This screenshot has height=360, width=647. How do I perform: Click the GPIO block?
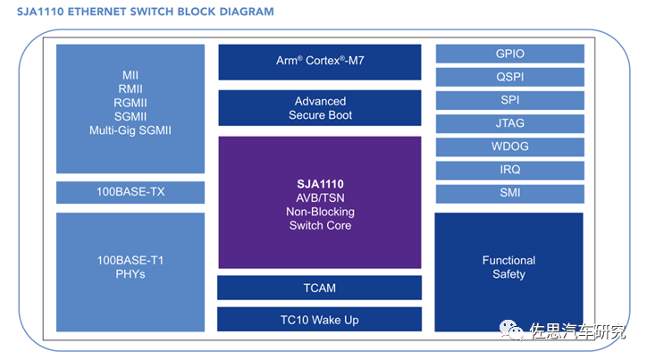click(510, 54)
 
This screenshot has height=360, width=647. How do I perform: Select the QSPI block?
click(510, 77)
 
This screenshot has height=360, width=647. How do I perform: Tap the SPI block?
click(510, 100)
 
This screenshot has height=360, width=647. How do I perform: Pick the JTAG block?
click(510, 123)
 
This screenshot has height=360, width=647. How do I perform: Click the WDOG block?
click(510, 147)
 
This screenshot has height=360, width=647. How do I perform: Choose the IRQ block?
click(510, 170)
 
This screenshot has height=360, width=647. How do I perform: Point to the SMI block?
click(510, 194)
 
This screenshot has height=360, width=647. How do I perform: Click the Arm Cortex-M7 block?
click(320, 62)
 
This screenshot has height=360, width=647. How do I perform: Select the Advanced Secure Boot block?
click(320, 107)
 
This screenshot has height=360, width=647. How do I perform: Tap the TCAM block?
click(319, 288)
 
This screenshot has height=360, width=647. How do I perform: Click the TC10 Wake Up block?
click(319, 319)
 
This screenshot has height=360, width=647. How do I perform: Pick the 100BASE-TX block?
click(130, 192)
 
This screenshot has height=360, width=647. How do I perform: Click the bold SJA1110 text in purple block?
click(320, 184)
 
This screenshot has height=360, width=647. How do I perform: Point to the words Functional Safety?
click(508, 267)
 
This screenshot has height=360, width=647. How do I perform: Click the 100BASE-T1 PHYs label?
click(130, 267)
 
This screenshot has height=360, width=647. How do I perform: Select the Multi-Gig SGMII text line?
click(130, 130)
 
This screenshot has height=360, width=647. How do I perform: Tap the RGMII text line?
click(130, 103)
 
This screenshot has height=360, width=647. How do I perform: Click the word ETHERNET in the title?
click(97, 12)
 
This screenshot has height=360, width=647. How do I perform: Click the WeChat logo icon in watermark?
click(511, 330)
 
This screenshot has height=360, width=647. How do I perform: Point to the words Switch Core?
click(320, 226)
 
